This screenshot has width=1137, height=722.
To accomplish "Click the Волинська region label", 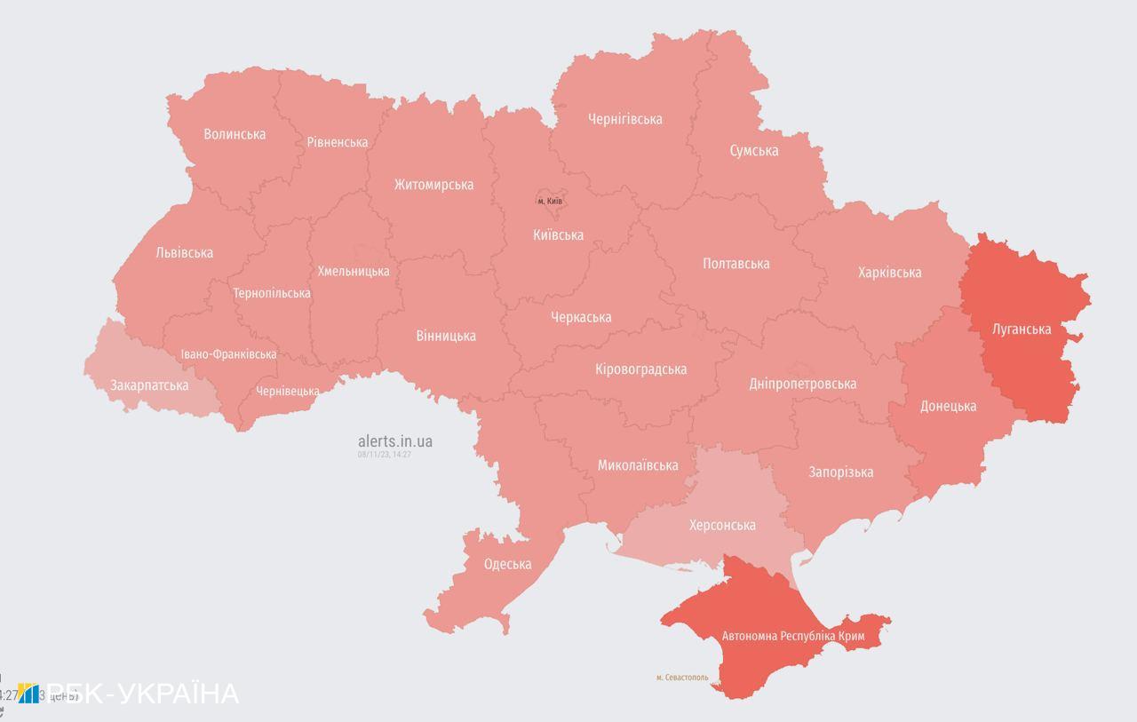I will point(235,135).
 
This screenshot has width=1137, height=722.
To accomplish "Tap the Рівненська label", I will point(338,142).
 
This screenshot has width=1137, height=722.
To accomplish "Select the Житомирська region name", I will point(433,185).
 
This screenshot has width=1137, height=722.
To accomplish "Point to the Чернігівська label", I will point(624,119).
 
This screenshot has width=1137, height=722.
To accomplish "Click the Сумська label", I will point(753,151).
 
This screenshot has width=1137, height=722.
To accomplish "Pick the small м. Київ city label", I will point(549,202).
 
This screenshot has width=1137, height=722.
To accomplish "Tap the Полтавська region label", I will point(735,264).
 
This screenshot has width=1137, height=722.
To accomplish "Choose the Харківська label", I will point(889,273).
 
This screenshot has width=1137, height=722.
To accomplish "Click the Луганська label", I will point(1022,329).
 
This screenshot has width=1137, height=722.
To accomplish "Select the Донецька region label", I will point(948,407).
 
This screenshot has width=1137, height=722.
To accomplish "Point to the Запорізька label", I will point(840,472).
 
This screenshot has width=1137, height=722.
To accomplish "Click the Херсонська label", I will point(722,526).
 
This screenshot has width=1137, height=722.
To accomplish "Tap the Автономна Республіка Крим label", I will point(793,637).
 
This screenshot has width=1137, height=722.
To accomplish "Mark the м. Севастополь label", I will point(682,678).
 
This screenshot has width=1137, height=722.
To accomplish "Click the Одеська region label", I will point(507,565).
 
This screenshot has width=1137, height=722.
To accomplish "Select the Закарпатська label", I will point(149,385).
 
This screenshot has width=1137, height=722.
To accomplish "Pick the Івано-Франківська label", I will point(228,354).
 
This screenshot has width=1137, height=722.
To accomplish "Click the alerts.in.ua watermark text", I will point(395,441).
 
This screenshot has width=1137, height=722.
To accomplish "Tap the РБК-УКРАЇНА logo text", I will point(142,694).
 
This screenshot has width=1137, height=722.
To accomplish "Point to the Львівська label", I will point(184,253).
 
